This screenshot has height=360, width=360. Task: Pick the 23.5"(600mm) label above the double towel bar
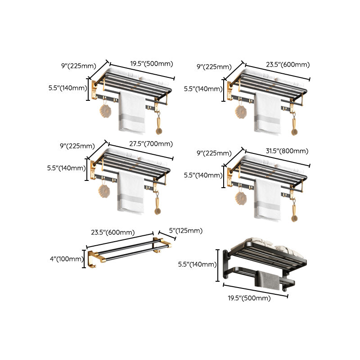113,233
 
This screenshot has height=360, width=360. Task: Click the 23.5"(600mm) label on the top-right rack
288,64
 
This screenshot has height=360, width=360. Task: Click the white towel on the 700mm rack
131,193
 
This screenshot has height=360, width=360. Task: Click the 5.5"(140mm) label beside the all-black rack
198,264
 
